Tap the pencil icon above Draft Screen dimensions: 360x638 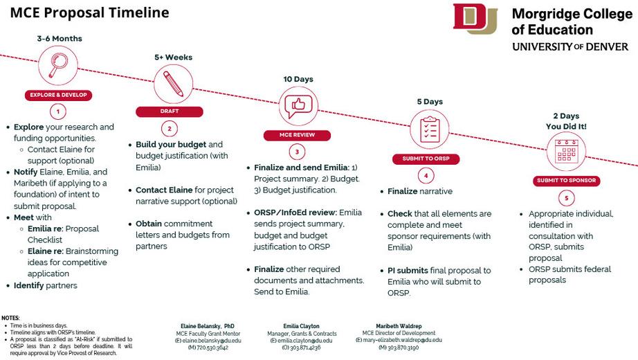(x=173, y=84)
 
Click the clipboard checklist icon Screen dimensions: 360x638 (x=429, y=129)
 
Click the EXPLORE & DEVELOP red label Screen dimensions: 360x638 (x=59, y=96)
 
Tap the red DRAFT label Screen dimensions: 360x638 (x=170, y=111)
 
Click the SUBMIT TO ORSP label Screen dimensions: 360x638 (x=427, y=159)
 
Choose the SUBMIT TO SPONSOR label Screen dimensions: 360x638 (x=566, y=181)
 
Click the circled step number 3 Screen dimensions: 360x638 (x=296, y=152)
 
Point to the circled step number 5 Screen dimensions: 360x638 (x=566, y=198)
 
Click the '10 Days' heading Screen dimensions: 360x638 (x=298, y=80)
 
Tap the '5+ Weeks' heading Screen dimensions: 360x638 (x=173, y=57)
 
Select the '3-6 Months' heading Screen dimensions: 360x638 (x=60, y=39)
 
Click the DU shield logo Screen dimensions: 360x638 (x=475, y=19)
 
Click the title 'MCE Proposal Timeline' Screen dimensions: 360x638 (x=89, y=12)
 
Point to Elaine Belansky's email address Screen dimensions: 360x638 (x=208, y=341)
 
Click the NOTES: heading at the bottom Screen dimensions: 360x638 (x=11, y=318)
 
